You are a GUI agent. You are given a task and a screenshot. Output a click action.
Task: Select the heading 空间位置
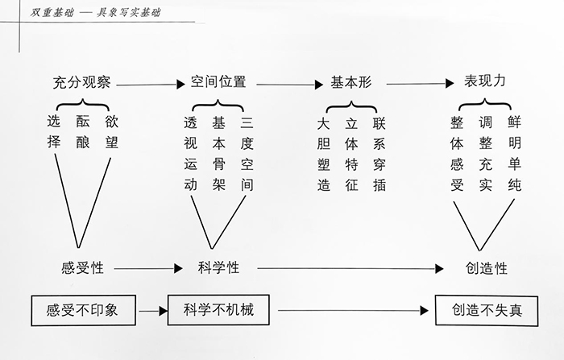point(218,82)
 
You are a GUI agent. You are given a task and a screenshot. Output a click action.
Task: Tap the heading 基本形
point(351,83)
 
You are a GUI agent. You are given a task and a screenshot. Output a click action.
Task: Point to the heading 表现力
point(485,82)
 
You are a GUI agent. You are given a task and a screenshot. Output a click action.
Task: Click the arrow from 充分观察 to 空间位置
point(152,83)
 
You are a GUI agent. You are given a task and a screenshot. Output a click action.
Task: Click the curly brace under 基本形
point(351,105)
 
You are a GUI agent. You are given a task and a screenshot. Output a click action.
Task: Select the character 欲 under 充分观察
point(111,122)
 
